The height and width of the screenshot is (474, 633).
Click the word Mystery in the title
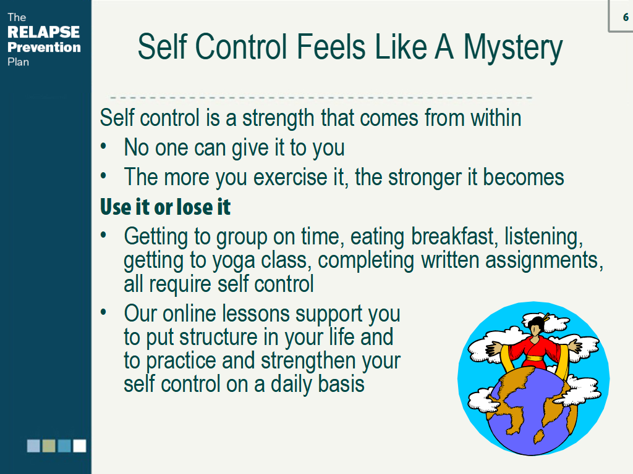click(x=512, y=48)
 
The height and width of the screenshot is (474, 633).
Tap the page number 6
click(x=626, y=17)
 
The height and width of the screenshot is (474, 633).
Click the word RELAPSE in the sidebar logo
click(x=44, y=32)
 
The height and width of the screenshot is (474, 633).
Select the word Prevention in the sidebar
click(x=44, y=47)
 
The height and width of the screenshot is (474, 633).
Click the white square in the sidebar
click(x=80, y=446)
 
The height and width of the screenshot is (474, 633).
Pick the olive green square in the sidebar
click(x=49, y=446)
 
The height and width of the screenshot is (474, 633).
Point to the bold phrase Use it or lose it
click(x=165, y=207)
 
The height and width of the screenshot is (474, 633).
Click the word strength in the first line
click(x=278, y=118)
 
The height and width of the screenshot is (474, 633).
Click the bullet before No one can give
click(x=104, y=146)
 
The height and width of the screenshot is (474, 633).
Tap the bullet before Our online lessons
click(x=104, y=312)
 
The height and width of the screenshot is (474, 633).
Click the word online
click(x=190, y=314)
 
